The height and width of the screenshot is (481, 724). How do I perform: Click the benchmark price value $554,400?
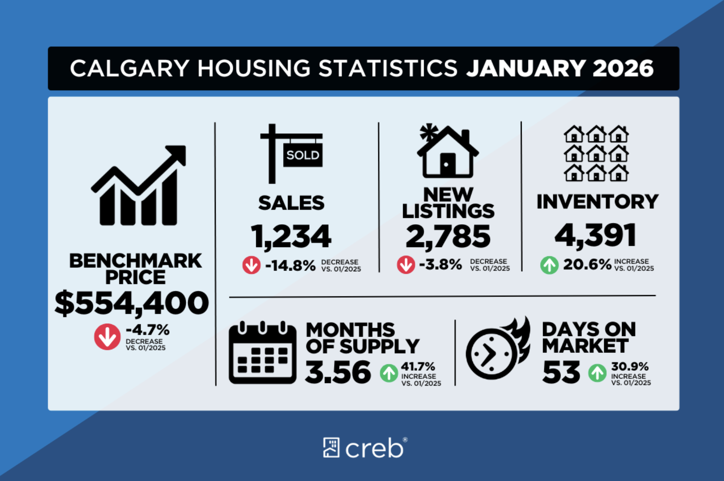tap(131, 303)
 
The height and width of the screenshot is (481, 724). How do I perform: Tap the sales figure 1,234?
tap(291, 236)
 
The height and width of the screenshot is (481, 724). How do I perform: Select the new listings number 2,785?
tap(448, 236)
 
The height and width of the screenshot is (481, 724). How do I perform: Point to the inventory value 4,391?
tap(595, 235)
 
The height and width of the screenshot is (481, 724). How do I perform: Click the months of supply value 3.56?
tap(338, 372)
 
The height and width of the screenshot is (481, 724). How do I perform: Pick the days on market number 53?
tap(561, 372)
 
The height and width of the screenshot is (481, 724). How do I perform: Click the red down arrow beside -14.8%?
tap(251, 265)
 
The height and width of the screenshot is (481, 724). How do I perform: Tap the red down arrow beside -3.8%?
tap(406, 265)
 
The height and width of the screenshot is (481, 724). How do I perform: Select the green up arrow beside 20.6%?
tap(549, 265)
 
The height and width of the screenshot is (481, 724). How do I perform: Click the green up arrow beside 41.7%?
tap(389, 373)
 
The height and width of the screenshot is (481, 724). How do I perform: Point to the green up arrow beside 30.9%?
tap(597, 373)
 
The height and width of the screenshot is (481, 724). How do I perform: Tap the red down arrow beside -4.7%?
tap(107, 337)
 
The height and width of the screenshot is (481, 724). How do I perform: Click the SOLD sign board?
tap(303, 155)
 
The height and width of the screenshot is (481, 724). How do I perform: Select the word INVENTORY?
tap(597, 202)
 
